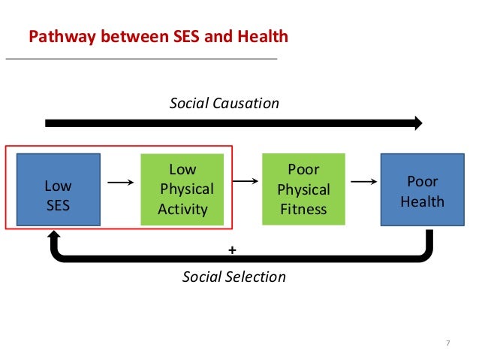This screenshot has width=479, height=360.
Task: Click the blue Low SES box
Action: coord(58,189)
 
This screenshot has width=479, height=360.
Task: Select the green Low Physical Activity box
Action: coord(182,189)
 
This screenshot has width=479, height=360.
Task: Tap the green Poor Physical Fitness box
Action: coord(303,189)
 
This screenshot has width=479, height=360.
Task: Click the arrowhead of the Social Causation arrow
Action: coord(416,123)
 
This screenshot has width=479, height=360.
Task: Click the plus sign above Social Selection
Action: coord(232,248)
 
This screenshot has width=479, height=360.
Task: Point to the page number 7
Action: coord(447,343)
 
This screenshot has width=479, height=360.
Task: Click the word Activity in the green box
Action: coord(182,209)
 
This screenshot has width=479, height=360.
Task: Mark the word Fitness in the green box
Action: coord(303,209)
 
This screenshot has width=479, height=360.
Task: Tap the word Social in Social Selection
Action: coord(201,277)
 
